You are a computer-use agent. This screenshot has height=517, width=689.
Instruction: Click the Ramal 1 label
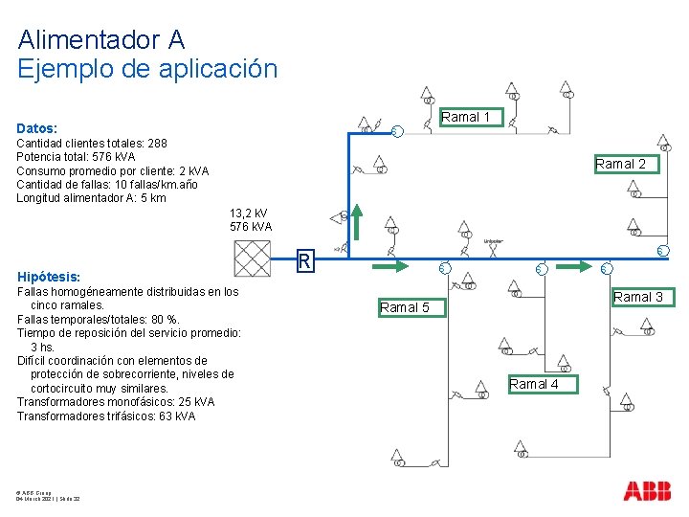(466, 118)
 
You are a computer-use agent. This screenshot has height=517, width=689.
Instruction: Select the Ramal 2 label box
(620, 164)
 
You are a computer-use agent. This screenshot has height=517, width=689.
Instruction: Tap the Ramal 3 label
(638, 297)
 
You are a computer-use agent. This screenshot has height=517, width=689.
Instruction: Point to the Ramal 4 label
(534, 384)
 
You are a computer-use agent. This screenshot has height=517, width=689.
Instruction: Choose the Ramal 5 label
(411, 307)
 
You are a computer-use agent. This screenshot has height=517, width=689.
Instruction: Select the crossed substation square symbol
(253, 258)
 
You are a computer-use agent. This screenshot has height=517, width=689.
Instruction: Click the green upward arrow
(354, 222)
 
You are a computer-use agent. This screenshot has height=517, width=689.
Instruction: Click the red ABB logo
(647, 491)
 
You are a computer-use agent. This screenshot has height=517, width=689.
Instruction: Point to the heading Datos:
(36, 127)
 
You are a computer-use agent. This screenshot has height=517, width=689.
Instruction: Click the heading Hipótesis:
(47, 275)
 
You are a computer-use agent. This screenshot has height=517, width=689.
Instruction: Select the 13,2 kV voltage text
(249, 213)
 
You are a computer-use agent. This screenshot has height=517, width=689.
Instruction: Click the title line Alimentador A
(101, 40)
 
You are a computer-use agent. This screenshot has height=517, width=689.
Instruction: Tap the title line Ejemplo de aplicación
(147, 69)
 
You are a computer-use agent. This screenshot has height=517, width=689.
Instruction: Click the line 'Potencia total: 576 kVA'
(77, 157)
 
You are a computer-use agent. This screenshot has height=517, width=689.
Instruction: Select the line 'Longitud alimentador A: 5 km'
(91, 198)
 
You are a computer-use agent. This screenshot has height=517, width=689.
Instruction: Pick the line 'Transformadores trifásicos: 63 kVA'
(106, 416)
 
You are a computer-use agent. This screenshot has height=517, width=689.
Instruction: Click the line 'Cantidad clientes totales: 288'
(92, 144)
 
